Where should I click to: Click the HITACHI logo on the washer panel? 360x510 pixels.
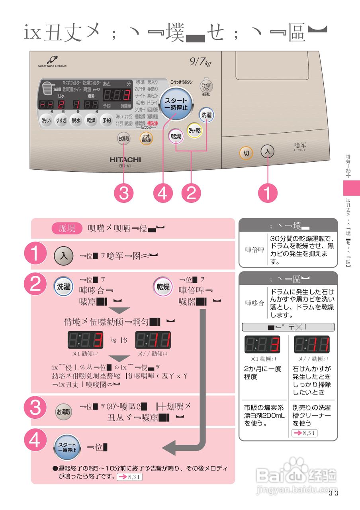(125, 159)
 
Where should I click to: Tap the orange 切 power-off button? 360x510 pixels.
(246, 153)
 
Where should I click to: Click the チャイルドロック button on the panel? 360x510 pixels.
(206, 87)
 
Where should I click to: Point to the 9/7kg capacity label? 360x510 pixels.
(200, 62)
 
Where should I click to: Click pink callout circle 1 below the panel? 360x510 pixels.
(267, 194)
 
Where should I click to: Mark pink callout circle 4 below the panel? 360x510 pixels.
(162, 194)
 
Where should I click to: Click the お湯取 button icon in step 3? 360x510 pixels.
(63, 412)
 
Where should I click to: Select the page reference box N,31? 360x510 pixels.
(129, 477)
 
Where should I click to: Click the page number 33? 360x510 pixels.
(333, 494)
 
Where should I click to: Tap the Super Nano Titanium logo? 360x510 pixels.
(52, 62)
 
